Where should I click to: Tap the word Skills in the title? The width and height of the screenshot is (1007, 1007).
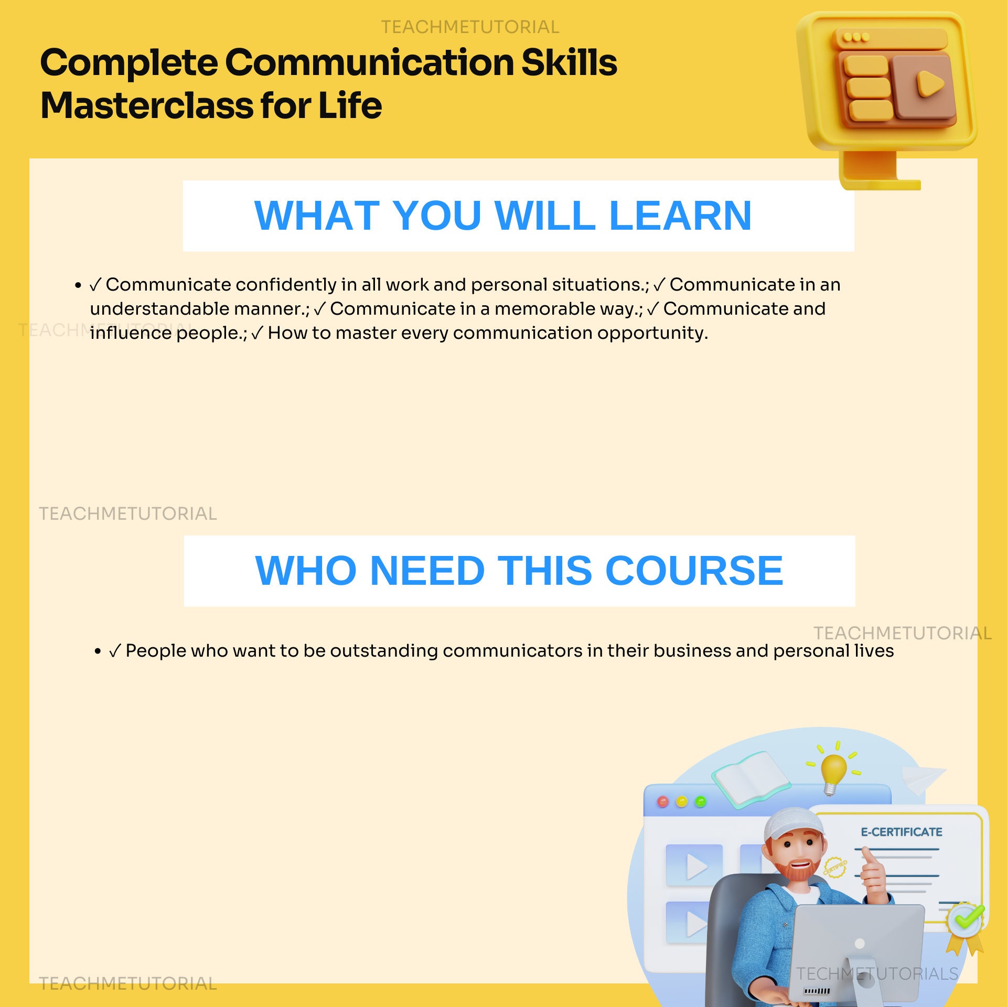[569, 63]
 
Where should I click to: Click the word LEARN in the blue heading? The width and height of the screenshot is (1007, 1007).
[680, 216]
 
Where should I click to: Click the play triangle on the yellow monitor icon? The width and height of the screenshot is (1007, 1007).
[929, 84]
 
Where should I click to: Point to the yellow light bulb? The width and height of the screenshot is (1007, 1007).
[833, 772]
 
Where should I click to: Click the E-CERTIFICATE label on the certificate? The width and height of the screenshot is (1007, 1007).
[901, 832]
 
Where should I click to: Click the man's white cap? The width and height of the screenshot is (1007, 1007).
[791, 824]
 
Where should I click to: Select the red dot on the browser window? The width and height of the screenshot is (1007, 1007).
[663, 802]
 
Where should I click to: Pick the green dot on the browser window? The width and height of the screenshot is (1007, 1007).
[700, 802]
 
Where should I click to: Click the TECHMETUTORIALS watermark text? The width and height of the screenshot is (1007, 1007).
[877, 974]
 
